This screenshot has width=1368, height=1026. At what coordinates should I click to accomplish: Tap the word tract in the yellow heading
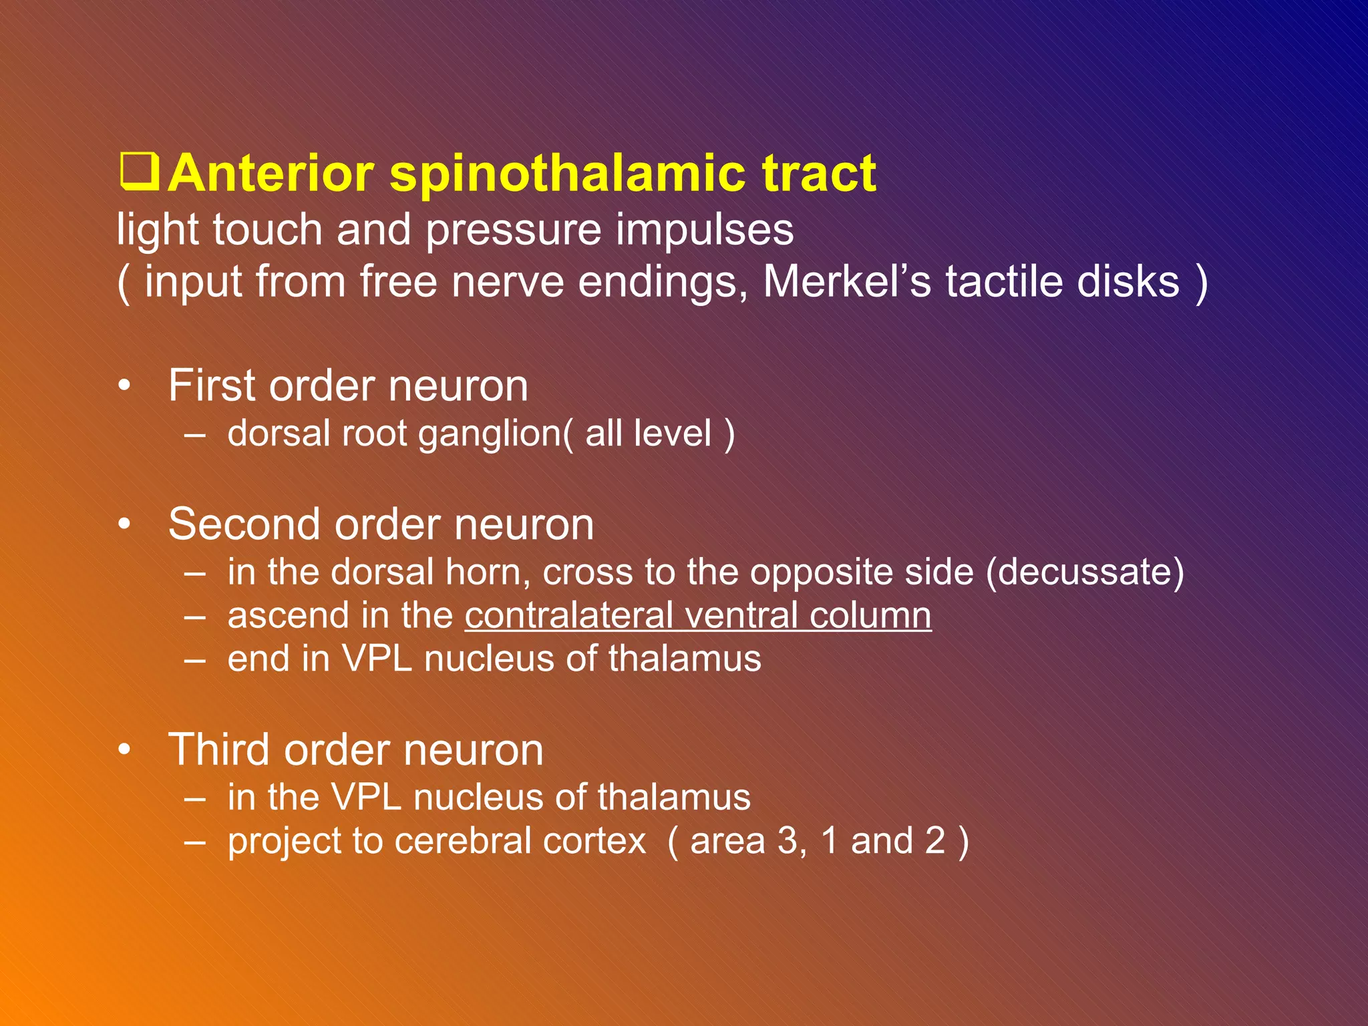coord(819,174)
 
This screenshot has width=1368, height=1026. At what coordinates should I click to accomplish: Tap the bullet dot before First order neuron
coord(124,387)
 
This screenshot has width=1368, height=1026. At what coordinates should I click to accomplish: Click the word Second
coord(244,524)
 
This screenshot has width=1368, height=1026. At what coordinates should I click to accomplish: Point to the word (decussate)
coord(1084,572)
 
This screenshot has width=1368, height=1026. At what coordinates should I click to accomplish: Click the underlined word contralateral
coord(568,615)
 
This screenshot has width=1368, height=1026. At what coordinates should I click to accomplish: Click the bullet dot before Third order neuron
coord(124,751)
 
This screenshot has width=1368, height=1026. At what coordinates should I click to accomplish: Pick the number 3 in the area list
coord(789,841)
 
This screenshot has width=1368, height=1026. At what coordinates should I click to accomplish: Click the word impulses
coord(704,230)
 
